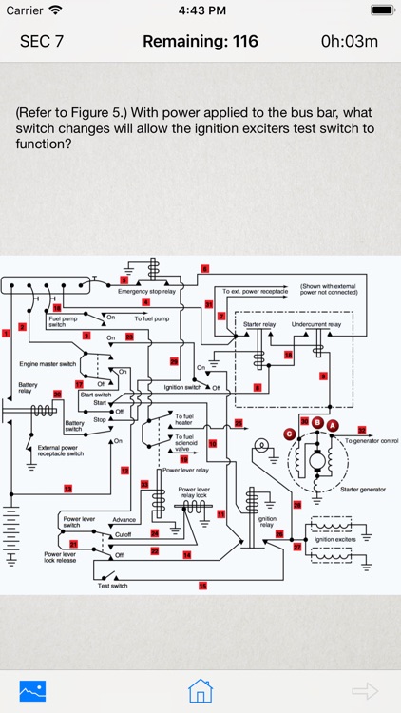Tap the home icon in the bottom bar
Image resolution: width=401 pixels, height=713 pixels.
pyautogui.click(x=199, y=689)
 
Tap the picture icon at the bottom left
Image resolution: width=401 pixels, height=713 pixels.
pyautogui.click(x=33, y=689)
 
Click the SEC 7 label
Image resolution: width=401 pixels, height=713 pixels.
pyautogui.click(x=42, y=41)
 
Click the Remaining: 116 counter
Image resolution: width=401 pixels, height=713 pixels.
pyautogui.click(x=200, y=41)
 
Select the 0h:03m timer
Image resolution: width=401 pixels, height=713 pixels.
pyautogui.click(x=349, y=41)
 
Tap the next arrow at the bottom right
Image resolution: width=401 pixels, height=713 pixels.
pyautogui.click(x=365, y=689)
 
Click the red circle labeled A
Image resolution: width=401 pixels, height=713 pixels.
pyautogui.click(x=333, y=425)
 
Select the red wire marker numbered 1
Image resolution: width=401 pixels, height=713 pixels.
pyautogui.click(x=7, y=332)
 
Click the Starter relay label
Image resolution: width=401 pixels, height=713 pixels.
pyautogui.click(x=258, y=324)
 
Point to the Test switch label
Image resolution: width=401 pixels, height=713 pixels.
pyautogui.click(x=112, y=586)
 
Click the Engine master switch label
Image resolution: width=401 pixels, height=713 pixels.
pyautogui.click(x=47, y=363)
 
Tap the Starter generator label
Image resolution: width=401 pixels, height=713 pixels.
pyautogui.click(x=362, y=488)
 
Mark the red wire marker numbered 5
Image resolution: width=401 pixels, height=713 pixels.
pyautogui.click(x=124, y=280)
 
